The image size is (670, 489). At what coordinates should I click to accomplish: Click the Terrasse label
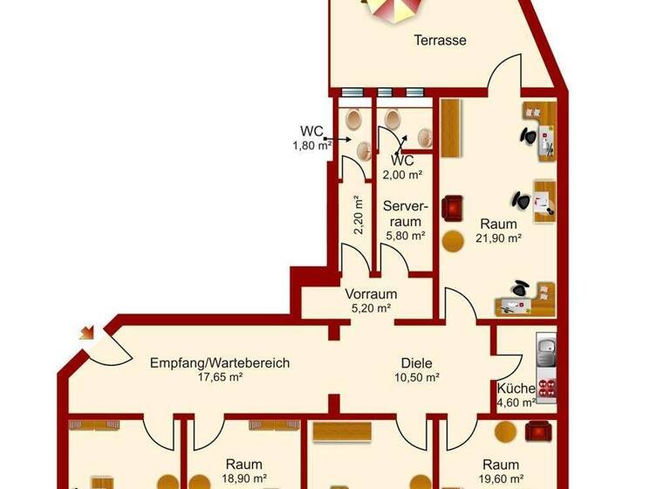coord(440,40)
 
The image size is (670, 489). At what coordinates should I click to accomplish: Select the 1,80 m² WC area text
coord(311,146)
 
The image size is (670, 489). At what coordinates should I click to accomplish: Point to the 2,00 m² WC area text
coord(402,175)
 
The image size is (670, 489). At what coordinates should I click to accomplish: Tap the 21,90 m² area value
coord(498,238)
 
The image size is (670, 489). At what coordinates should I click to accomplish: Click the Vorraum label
coord(371,294)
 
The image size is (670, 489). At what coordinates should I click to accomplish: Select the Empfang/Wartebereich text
coord(219,363)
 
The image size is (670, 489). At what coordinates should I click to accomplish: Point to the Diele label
coord(416,363)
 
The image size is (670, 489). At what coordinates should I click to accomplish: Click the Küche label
coord(516,389)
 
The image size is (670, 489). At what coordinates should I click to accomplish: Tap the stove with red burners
coord(547,389)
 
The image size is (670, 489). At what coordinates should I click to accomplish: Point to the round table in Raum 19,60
coord(505,430)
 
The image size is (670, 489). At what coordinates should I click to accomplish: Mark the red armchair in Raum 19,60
coord(537,430)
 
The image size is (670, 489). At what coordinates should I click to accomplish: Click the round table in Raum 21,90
coord(453,241)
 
